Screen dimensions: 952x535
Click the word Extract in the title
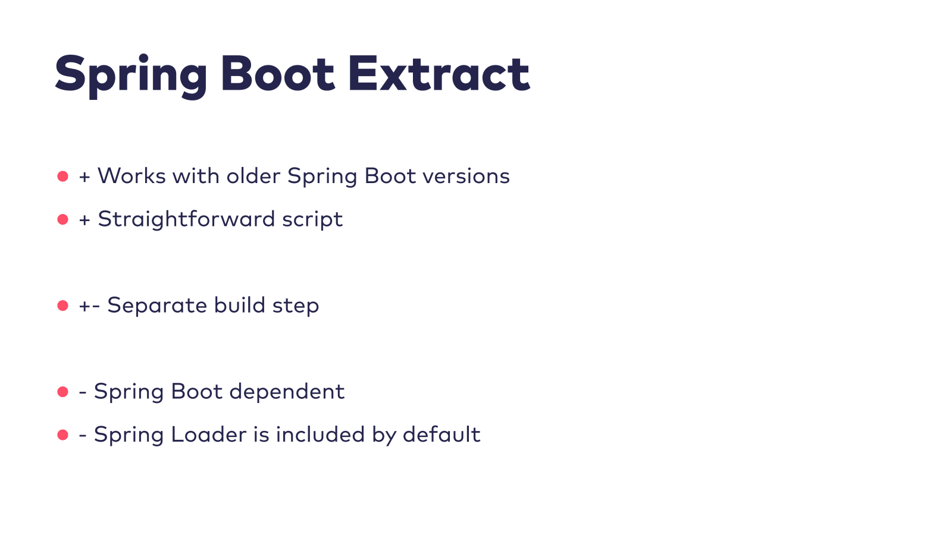pyautogui.click(x=439, y=74)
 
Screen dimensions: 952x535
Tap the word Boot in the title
pyautogui.click(x=278, y=74)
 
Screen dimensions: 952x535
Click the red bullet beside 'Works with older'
pyautogui.click(x=63, y=176)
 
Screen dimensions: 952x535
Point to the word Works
pyautogui.click(x=131, y=176)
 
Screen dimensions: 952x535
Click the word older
pyautogui.click(x=253, y=176)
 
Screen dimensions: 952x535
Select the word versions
pyautogui.click(x=466, y=177)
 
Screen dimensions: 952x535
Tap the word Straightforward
pyautogui.click(x=187, y=219)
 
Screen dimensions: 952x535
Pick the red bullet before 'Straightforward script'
pyautogui.click(x=63, y=219)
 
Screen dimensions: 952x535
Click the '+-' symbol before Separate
pyautogui.click(x=90, y=306)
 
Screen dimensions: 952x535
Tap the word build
pyautogui.click(x=240, y=305)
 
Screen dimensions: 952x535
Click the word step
pyautogui.click(x=296, y=306)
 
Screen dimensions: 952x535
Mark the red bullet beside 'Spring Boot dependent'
pyautogui.click(x=63, y=392)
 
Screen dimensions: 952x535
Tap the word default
pyautogui.click(x=441, y=435)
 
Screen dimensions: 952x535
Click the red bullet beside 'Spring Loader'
pyautogui.click(x=63, y=435)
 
